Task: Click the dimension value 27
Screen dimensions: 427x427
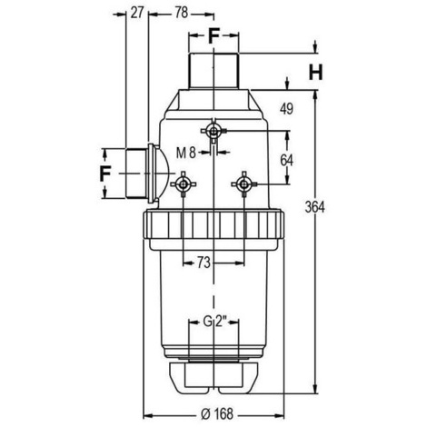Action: point(136,13)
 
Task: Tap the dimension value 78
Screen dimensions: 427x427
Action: point(182,13)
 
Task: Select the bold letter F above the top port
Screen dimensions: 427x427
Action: point(213,36)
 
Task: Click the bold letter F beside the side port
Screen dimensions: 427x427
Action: point(104,174)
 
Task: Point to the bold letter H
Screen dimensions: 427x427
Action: point(315,73)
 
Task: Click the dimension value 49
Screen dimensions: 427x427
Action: point(286,109)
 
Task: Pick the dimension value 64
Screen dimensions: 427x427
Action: point(286,160)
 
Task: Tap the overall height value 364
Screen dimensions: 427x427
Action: point(314,207)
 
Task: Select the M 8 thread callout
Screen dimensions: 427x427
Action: point(186,153)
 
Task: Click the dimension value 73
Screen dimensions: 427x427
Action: point(204,263)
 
